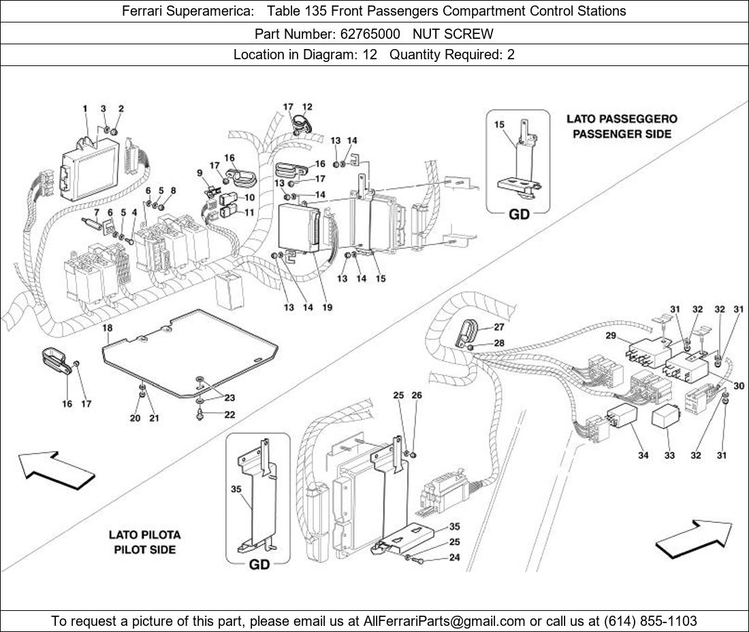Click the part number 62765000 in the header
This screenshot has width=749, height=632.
coord(370,34)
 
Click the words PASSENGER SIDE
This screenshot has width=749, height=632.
coord(622,133)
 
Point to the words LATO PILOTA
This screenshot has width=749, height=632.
coord(145,535)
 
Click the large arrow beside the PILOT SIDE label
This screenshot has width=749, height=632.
coord(57,471)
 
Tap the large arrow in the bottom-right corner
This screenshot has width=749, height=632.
coord(694,539)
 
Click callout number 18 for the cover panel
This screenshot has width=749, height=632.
coord(108,328)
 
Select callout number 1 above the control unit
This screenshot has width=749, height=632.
coord(85,109)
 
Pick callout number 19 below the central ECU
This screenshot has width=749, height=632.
coord(327,307)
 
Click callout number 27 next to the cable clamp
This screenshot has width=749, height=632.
coord(498,327)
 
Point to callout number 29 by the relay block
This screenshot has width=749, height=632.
coord(611,335)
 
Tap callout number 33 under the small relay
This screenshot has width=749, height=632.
coord(669,455)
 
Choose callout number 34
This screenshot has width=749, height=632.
coord(643,455)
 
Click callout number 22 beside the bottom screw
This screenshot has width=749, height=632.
coord(229,414)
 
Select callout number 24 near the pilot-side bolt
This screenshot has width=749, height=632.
coord(454,557)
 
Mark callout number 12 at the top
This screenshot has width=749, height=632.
coord(307,107)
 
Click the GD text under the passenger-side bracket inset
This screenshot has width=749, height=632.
coord(520,214)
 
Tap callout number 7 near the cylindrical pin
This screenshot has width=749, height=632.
coord(97,212)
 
